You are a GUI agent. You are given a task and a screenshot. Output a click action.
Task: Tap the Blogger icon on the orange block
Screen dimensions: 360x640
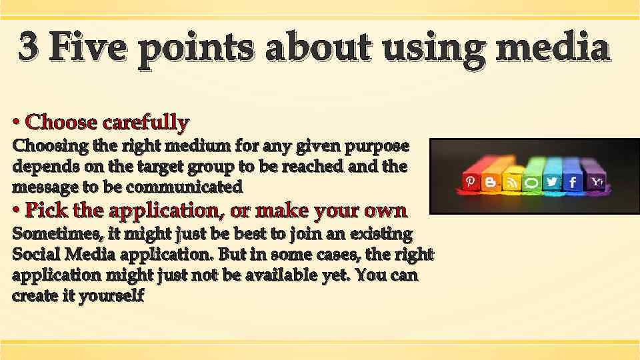491,183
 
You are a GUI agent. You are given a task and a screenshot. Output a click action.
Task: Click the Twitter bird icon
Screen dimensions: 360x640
551,183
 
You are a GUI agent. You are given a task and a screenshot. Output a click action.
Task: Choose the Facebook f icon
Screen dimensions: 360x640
572,182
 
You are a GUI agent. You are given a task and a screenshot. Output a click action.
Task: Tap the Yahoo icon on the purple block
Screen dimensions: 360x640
597,181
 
